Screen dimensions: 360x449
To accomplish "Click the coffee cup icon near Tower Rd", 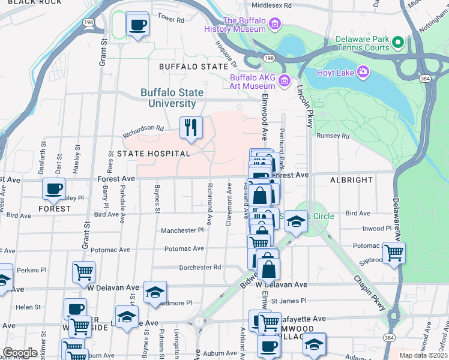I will click(138, 25).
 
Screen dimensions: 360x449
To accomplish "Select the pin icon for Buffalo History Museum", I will click(275, 24).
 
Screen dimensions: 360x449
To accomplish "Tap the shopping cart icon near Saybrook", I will click(394, 253).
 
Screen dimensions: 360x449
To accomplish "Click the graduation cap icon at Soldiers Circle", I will click(296, 221).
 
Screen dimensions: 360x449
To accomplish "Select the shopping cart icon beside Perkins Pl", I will click(83, 272).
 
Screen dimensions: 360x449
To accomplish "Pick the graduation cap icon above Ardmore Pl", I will click(155, 292).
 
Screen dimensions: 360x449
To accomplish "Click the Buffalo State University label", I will click(172, 98).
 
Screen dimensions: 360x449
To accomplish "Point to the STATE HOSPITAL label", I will click(154, 154).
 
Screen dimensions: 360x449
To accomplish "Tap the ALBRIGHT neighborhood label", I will click(351, 180).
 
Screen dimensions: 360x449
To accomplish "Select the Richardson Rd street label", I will click(143, 128).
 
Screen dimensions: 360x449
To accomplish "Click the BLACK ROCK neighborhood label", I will click(35, 3).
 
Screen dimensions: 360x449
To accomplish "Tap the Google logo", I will click(20, 353).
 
